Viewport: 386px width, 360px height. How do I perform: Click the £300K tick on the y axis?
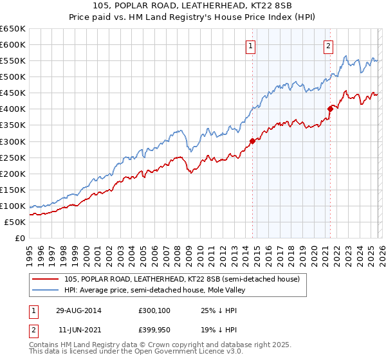pyautogui.click(x=13, y=141)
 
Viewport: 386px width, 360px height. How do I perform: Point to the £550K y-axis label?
pyautogui.click(x=13, y=61)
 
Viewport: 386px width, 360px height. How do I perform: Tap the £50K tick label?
pyautogui.click(x=15, y=222)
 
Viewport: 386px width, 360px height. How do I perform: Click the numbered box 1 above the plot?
pyautogui.click(x=250, y=45)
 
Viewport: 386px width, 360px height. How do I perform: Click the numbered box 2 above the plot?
pyautogui.click(x=328, y=45)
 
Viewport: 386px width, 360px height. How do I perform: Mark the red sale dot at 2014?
pyautogui.click(x=252, y=141)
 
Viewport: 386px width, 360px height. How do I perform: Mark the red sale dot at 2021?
pyautogui.click(x=330, y=109)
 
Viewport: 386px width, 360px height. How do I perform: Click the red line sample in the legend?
pyautogui.click(x=46, y=279)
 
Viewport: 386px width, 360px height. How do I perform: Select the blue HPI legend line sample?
pyautogui.click(x=46, y=290)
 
